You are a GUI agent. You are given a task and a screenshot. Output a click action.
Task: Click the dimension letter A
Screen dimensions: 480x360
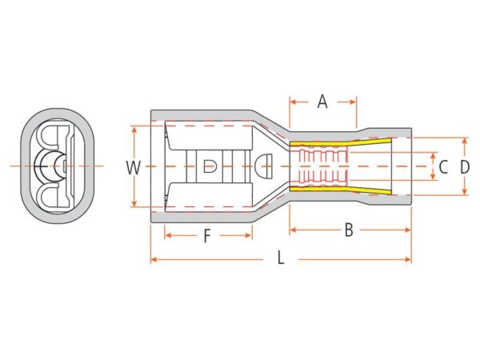pyautogui.click(x=322, y=102)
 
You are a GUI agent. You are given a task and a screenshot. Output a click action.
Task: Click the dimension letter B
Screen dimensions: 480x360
pyautogui.click(x=349, y=230)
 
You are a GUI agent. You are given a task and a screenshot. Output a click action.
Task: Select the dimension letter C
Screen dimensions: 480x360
pyautogui.click(x=443, y=167)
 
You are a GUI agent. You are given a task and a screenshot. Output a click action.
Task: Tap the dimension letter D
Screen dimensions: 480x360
pyautogui.click(x=465, y=167)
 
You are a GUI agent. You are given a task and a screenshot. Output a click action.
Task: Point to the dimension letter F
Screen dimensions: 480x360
pyautogui.click(x=207, y=236)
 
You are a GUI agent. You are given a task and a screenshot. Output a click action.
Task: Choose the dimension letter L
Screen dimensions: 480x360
pyautogui.click(x=281, y=258)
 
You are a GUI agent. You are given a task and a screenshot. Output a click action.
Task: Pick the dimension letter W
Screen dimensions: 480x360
pyautogui.click(x=133, y=168)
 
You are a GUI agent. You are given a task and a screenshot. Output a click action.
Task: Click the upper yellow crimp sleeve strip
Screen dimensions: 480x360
pyautogui.click(x=341, y=143)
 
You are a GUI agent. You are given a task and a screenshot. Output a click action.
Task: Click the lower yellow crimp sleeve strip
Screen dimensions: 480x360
pyautogui.click(x=341, y=190)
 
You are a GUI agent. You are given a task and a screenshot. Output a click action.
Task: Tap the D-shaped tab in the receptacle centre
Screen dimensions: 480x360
pyautogui.click(x=210, y=166)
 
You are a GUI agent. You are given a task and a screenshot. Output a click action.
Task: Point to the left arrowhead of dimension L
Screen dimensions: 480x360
pyautogui.click(x=154, y=260)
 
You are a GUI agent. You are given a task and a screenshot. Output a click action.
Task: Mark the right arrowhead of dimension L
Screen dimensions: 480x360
pyautogui.click(x=408, y=260)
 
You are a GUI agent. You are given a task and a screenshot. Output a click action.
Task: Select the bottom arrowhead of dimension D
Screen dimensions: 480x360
pyautogui.click(x=465, y=191)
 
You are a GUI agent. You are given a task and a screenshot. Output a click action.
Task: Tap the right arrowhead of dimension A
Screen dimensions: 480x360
pyautogui.click(x=353, y=102)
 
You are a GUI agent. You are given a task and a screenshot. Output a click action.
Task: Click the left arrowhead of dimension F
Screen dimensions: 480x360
pyautogui.click(x=168, y=235)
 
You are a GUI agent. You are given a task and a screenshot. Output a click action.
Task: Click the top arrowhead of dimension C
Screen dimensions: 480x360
pyautogui.click(x=433, y=156)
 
